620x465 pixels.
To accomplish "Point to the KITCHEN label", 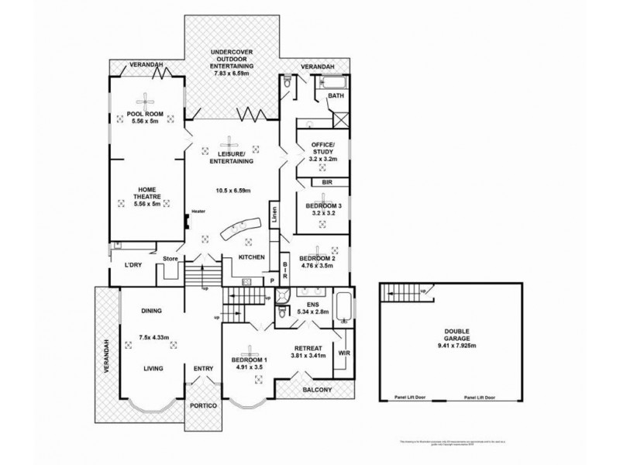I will click(x=252, y=257).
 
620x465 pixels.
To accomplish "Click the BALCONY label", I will click(x=318, y=389).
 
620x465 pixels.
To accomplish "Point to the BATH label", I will click(x=336, y=96).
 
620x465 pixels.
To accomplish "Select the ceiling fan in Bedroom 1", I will click(x=250, y=350).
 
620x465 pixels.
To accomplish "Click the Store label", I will click(x=170, y=259).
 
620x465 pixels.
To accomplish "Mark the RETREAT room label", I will click(x=308, y=347).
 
